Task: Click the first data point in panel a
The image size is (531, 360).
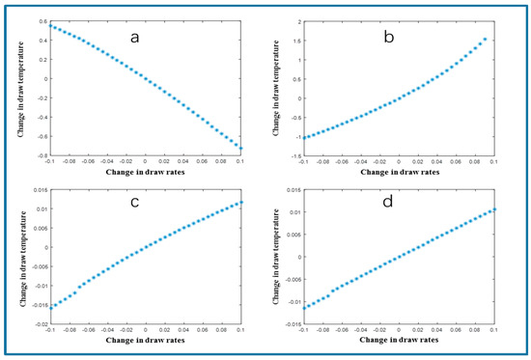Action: (49, 26)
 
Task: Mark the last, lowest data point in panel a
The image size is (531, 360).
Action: (240, 148)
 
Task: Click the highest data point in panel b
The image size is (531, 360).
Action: (485, 40)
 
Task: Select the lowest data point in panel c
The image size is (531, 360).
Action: (49, 307)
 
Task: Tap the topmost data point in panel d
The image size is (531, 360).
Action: (493, 208)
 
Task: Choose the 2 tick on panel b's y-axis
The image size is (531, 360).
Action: (295, 20)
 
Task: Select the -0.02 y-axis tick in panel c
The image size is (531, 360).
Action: (36, 325)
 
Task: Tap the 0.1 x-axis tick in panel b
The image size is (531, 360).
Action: (493, 161)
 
